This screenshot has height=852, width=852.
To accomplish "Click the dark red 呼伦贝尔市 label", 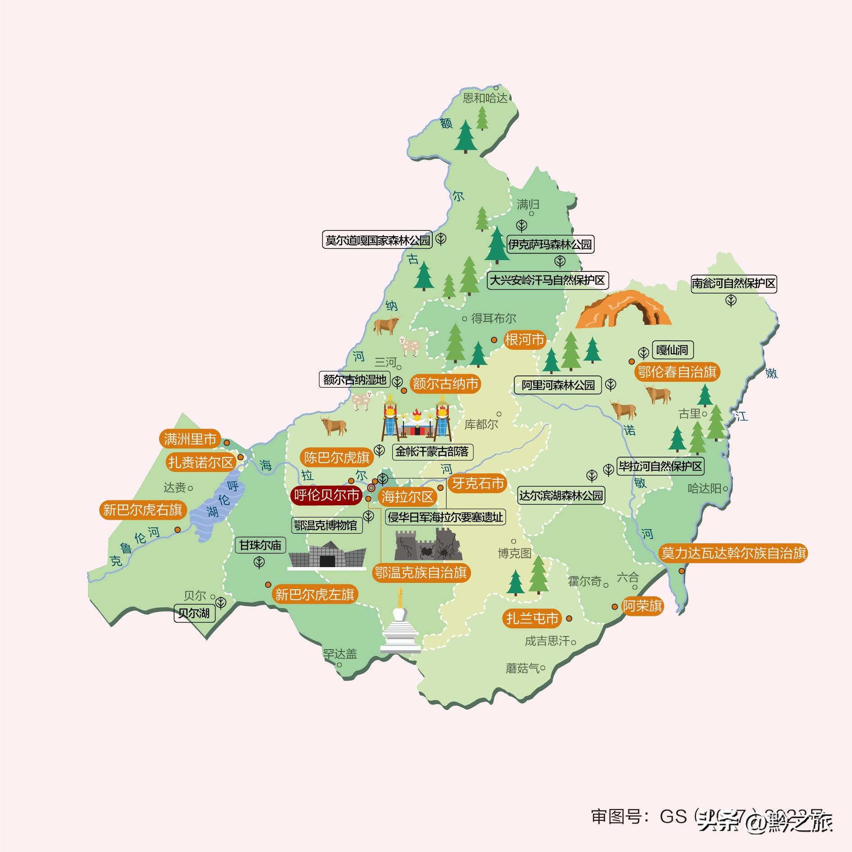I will point(326,495).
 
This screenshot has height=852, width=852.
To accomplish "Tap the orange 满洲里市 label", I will point(190,439).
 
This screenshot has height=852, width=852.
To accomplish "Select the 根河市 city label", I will point(524,339).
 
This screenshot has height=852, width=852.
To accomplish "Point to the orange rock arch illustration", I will point(623,310).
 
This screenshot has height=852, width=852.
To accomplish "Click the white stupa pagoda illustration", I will point(400,624).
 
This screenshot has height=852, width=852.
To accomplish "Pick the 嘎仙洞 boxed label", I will point(672,350).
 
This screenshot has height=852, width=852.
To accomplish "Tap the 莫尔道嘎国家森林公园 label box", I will point(377,240).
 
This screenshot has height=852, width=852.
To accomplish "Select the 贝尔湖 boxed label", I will point(194,613).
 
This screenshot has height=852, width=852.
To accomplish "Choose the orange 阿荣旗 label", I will point(642,606).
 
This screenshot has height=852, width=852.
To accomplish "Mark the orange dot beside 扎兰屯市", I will point(569,618).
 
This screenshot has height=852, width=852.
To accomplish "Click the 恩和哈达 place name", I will point(485,98).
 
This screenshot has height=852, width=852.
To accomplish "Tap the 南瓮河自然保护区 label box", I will point(733,284).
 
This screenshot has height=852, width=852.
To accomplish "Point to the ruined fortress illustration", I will point(428,546).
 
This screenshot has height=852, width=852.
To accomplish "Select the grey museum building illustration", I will point(327,556).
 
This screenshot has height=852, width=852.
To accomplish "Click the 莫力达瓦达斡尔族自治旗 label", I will point(733,553).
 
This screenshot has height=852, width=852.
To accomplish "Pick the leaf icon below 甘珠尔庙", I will point(259,562).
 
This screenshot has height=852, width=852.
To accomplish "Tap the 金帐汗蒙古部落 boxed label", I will point(432,451).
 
